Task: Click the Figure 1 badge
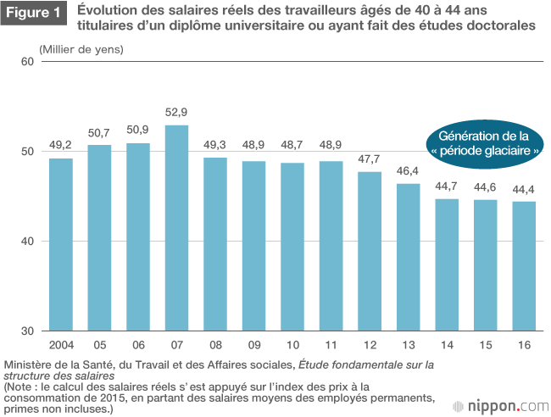[35, 16]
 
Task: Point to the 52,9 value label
[176, 112]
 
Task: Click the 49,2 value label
[60, 145]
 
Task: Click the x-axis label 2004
[60, 345]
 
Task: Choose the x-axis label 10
[292, 345]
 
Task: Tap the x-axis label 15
[486, 345]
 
